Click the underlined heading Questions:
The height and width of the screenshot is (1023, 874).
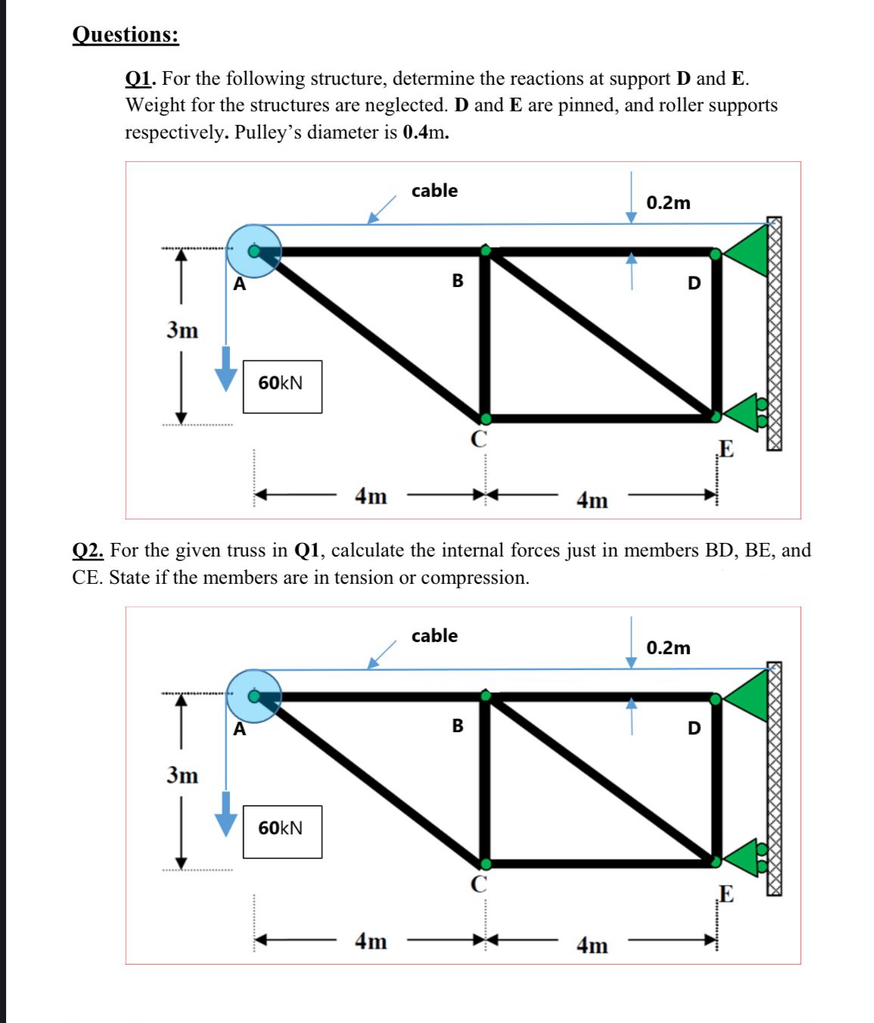point(126,35)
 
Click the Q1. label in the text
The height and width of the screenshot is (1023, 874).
point(141,79)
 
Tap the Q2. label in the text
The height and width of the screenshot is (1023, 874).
point(88,550)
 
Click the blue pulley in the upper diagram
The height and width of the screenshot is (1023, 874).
point(253,251)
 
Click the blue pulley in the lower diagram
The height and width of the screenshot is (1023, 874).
point(253,696)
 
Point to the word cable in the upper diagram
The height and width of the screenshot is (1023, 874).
point(434,191)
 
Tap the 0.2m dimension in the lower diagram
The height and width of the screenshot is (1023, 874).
point(668,648)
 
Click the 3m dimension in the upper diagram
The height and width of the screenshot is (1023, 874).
point(182,331)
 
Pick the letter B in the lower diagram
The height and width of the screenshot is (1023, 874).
point(458,726)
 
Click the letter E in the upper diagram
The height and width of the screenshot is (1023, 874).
point(726,449)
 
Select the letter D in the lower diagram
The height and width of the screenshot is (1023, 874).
point(694,728)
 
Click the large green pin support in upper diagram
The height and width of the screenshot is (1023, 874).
point(749,251)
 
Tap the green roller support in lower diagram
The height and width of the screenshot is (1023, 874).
point(745,857)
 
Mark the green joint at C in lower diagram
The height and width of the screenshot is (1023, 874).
point(486,863)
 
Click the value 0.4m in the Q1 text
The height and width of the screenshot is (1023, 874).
point(425,133)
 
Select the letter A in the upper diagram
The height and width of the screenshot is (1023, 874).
point(239,285)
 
